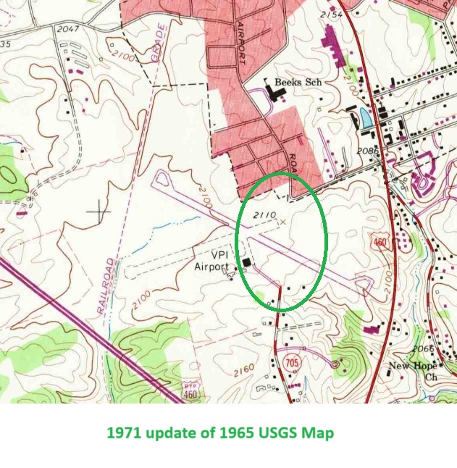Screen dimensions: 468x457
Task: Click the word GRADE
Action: (159, 44)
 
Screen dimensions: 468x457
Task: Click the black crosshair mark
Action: (98, 211)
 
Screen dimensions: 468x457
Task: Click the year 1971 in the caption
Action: (122, 433)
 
